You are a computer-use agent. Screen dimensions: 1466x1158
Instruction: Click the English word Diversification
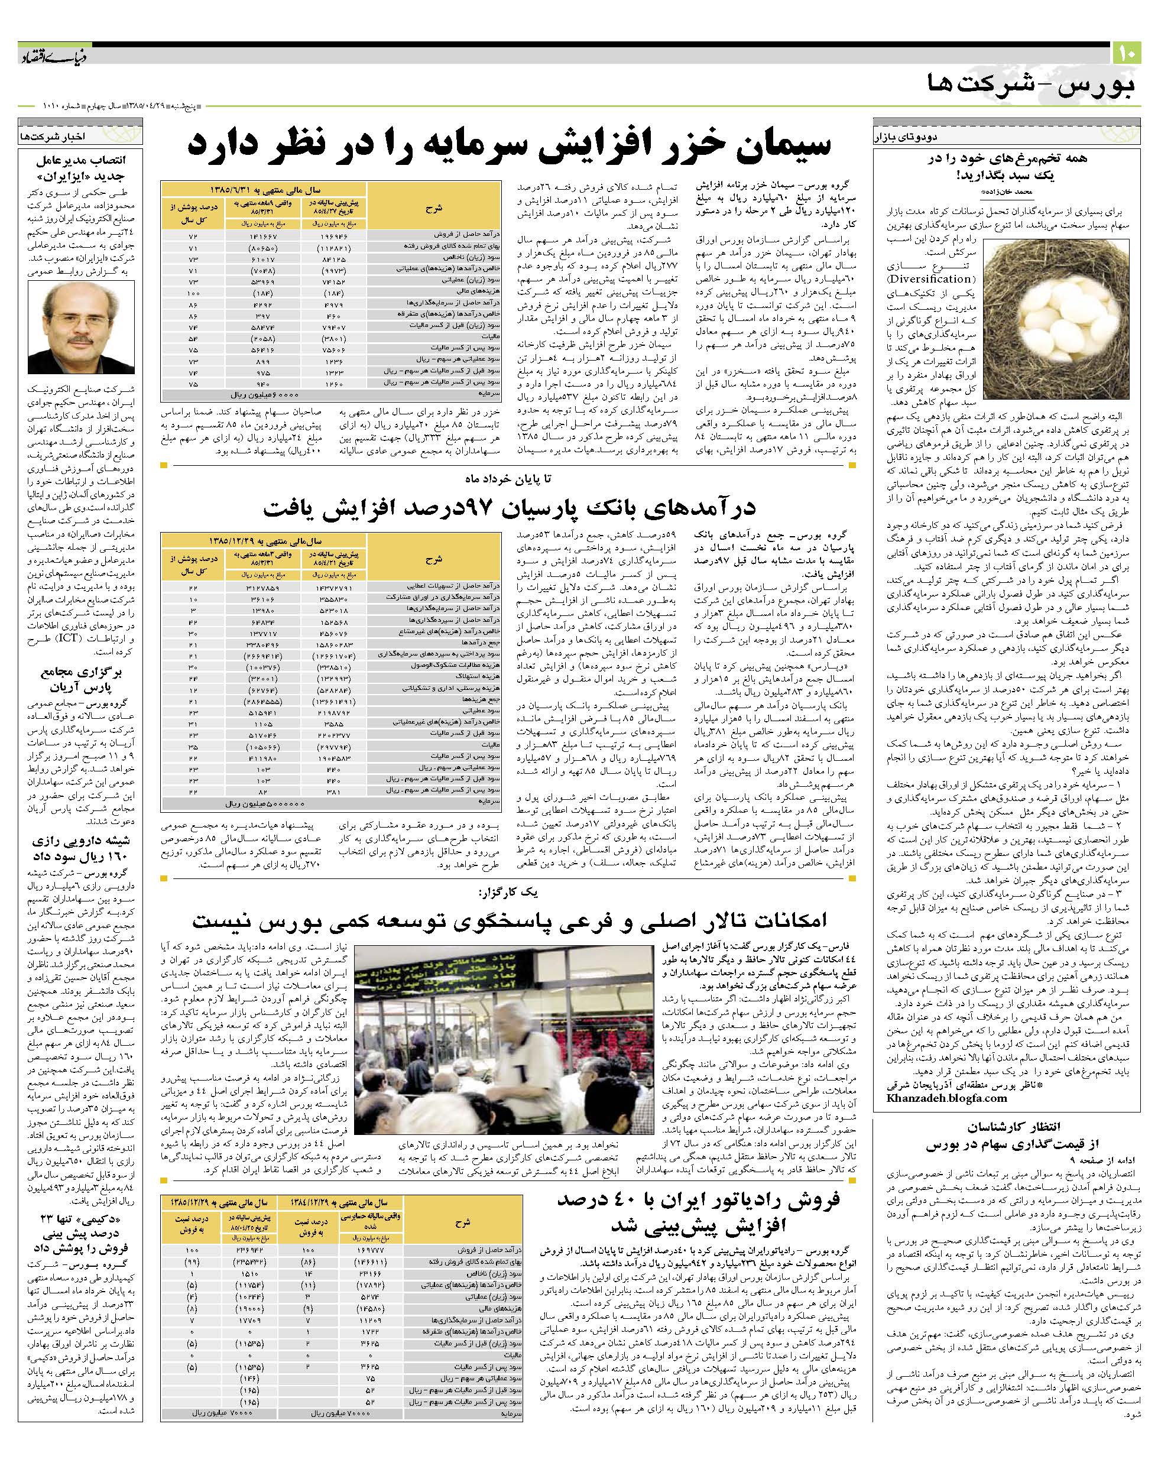click(932, 278)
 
